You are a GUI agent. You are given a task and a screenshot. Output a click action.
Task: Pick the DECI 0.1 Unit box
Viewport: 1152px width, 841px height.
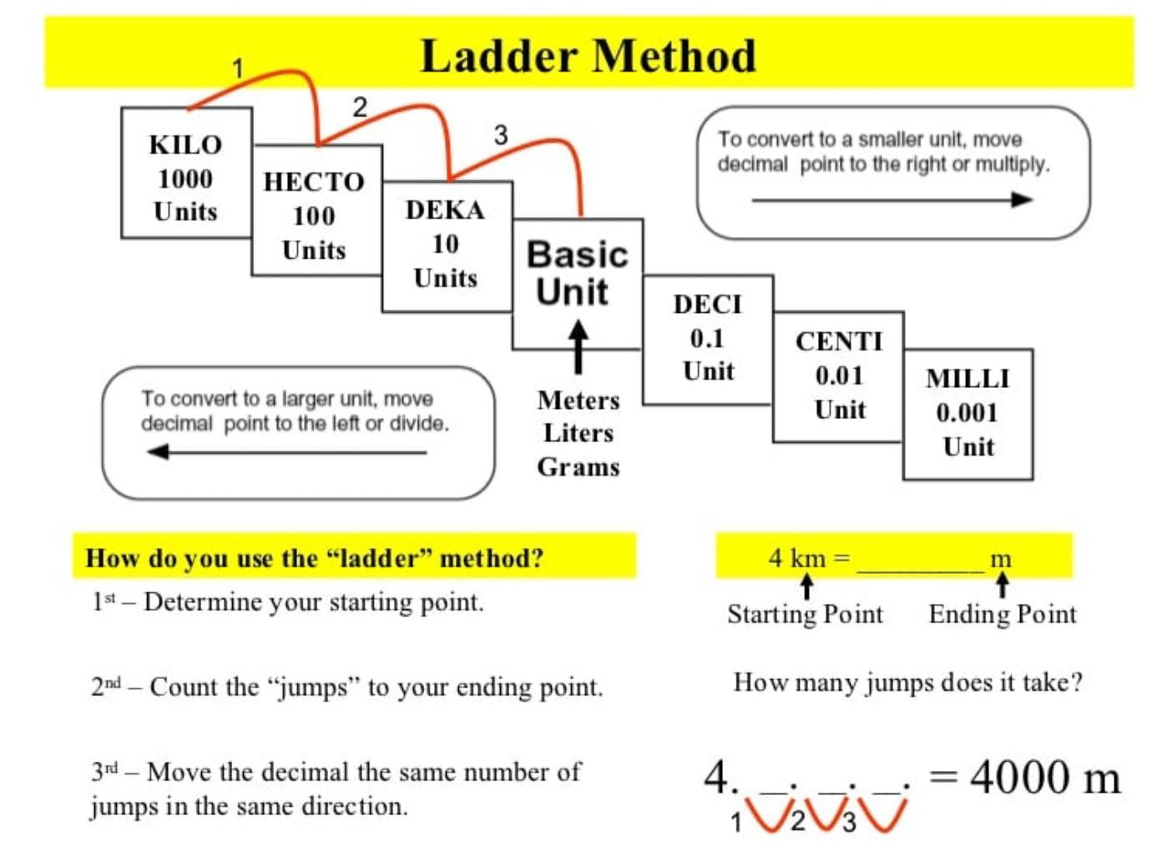[707, 339]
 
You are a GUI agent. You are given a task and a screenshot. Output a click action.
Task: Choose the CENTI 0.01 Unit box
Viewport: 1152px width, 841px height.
[838, 376]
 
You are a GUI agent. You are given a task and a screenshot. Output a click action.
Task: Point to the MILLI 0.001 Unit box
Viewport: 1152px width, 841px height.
[968, 413]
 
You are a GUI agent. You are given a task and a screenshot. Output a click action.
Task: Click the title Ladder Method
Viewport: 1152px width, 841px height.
[589, 56]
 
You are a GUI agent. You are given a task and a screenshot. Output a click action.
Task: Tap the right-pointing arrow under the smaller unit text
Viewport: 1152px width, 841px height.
[892, 199]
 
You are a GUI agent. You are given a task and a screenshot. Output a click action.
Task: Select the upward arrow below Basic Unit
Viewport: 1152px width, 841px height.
[578, 347]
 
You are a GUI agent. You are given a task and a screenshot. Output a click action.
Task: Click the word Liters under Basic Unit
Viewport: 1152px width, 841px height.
[578, 433]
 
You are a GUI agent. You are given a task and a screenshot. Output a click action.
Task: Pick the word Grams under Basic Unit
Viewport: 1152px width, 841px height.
[578, 466]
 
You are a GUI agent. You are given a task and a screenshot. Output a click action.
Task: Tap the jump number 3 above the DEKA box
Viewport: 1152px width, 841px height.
[500, 134]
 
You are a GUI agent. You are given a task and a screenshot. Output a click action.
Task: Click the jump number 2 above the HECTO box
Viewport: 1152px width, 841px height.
[360, 107]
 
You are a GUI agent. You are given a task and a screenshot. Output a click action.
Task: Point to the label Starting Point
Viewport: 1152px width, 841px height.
[805, 614]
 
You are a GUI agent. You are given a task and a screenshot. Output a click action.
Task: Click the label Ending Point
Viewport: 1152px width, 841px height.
[1003, 614]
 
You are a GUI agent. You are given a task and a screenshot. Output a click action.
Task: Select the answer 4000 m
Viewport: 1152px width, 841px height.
[1044, 778]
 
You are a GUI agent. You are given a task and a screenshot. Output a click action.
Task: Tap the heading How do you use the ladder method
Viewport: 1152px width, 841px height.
[315, 557]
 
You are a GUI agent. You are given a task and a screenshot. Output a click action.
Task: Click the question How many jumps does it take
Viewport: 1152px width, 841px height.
[907, 682]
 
